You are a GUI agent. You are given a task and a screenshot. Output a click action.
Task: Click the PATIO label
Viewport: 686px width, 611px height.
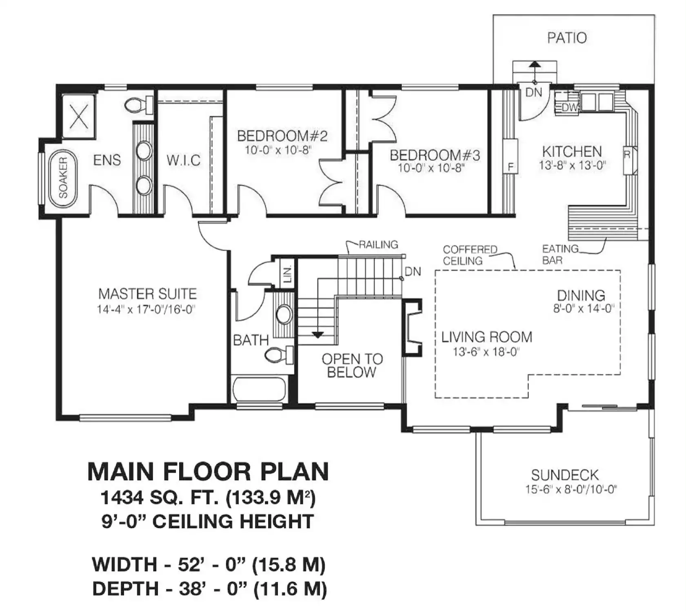click(567, 38)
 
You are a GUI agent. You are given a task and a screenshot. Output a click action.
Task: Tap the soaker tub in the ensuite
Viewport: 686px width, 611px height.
click(63, 178)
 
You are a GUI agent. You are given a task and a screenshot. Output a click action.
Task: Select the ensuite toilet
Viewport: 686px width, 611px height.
click(138, 105)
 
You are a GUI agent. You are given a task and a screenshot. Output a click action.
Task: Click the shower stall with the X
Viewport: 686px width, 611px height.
click(78, 116)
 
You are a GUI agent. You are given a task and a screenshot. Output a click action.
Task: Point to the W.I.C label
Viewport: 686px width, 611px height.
click(184, 160)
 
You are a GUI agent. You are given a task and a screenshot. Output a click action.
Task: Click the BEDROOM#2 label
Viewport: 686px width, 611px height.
click(282, 136)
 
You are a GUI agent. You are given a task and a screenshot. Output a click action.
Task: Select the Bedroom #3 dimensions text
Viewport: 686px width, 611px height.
click(431, 168)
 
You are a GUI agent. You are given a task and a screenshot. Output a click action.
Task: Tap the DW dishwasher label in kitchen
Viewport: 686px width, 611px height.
click(570, 107)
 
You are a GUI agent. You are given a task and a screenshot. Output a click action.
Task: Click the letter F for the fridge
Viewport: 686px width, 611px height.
click(510, 167)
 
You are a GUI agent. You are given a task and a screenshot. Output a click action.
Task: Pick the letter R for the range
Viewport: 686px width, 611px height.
click(627, 155)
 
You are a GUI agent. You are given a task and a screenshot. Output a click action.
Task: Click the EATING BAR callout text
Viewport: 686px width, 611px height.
click(560, 254)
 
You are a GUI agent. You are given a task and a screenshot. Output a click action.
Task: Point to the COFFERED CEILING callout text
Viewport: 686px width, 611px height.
click(470, 255)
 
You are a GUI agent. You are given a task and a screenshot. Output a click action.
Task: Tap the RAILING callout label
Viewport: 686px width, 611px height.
click(378, 244)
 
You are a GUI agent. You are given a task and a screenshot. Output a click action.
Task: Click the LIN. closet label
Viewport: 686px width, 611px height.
click(287, 274)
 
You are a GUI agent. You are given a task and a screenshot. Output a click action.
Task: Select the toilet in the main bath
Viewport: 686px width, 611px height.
click(279, 354)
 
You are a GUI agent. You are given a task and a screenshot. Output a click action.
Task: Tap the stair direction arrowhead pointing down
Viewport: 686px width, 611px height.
click(317, 335)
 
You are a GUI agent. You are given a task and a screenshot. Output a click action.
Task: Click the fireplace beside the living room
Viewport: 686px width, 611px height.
click(412, 328)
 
